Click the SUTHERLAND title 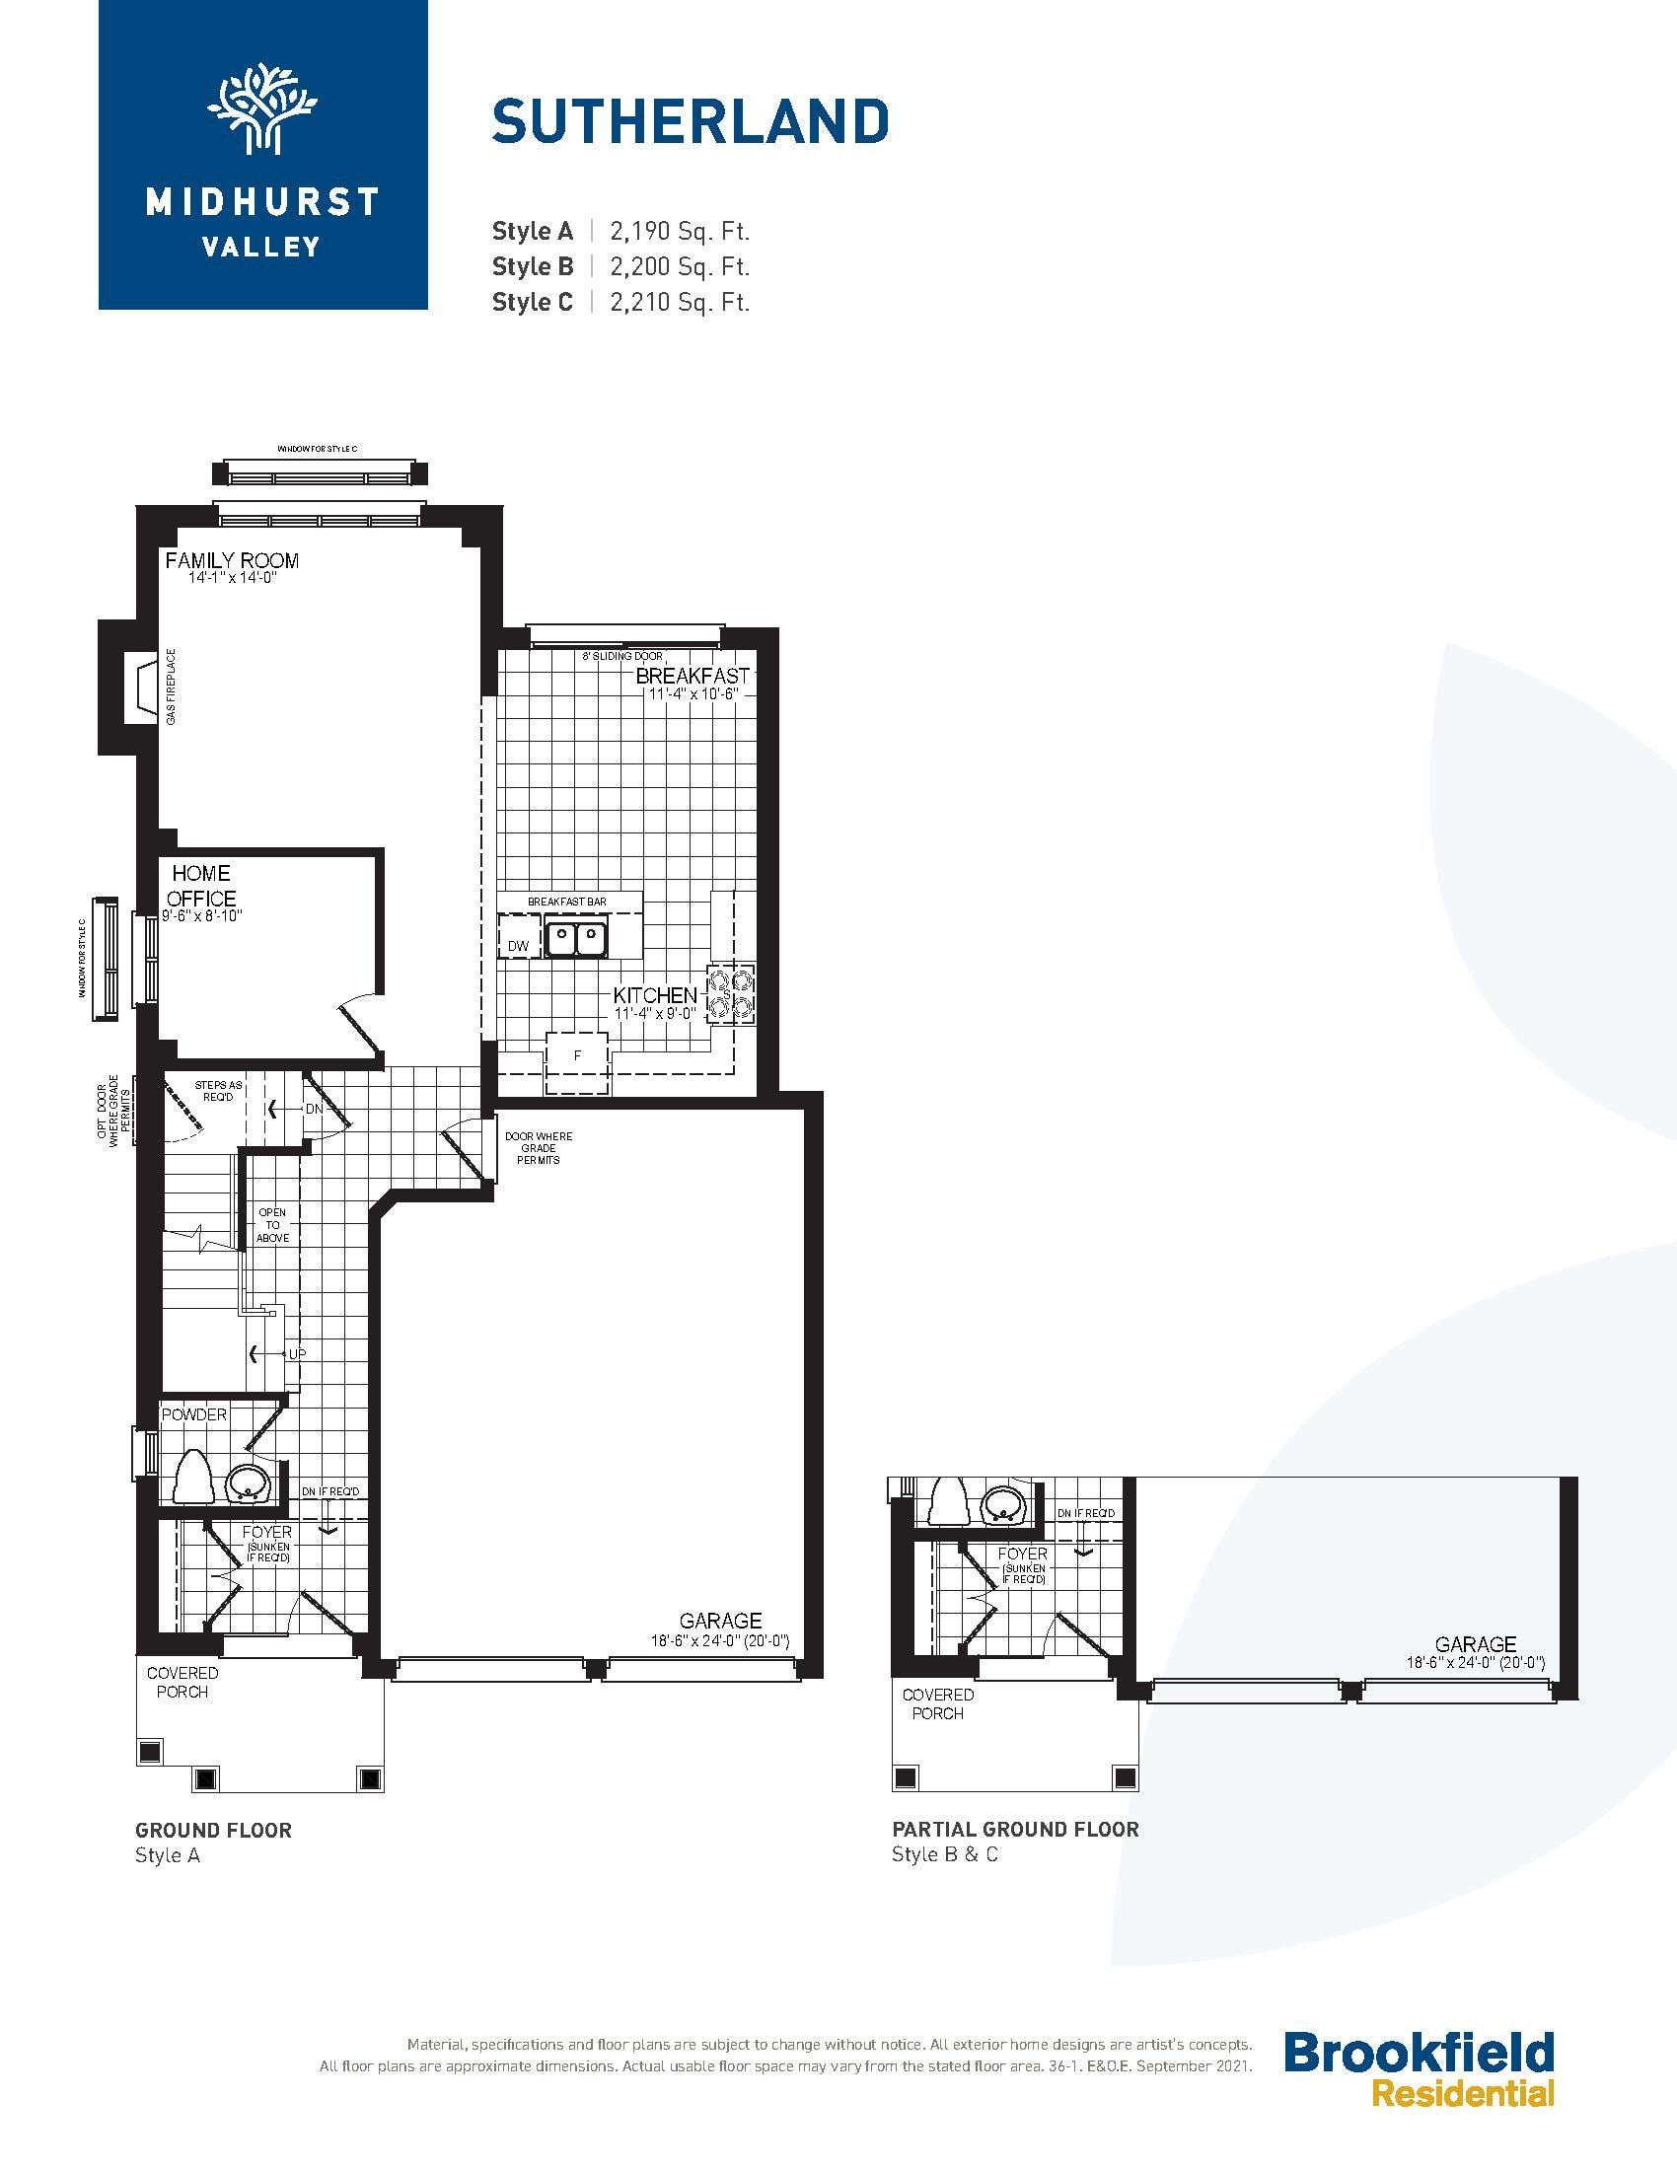click(x=691, y=121)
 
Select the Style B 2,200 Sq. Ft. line click(x=620, y=266)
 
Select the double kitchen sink click(x=576, y=938)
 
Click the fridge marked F click(x=577, y=1063)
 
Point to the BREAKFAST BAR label click(x=567, y=902)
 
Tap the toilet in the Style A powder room click(x=193, y=1476)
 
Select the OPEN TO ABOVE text click(x=273, y=1225)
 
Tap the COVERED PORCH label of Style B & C click(x=938, y=1704)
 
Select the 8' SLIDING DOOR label click(x=622, y=657)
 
